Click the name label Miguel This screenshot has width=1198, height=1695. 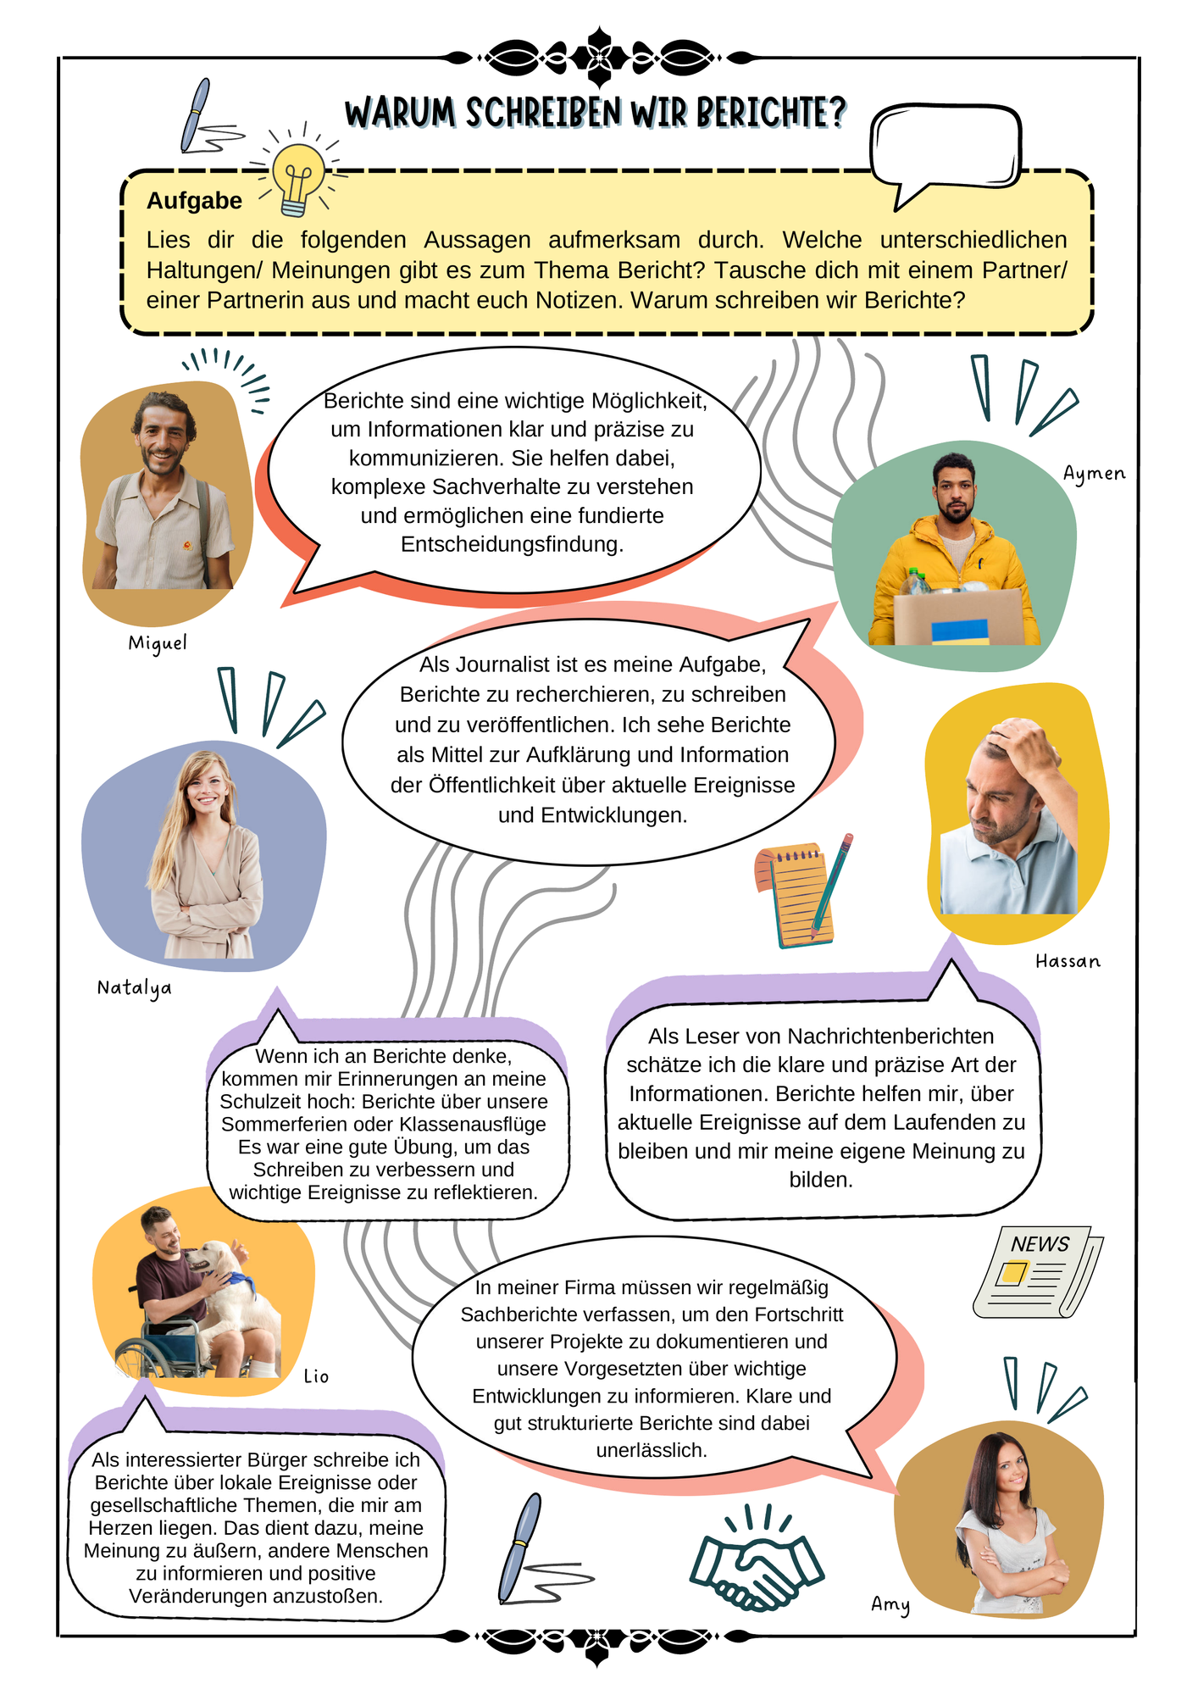tap(158, 643)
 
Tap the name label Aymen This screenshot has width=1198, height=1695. tap(1094, 474)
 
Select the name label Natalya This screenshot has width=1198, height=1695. tap(134, 988)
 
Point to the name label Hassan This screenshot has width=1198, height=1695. tap(1068, 961)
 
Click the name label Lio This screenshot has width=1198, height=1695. tap(316, 1376)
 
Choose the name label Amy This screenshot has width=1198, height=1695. tap(890, 1604)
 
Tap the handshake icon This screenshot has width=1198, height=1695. tap(757, 1564)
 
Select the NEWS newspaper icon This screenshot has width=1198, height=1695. tap(1038, 1271)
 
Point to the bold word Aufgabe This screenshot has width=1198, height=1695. tap(194, 201)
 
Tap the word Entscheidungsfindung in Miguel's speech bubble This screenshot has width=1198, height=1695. tap(512, 544)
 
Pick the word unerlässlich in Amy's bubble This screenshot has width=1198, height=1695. tap(652, 1450)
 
